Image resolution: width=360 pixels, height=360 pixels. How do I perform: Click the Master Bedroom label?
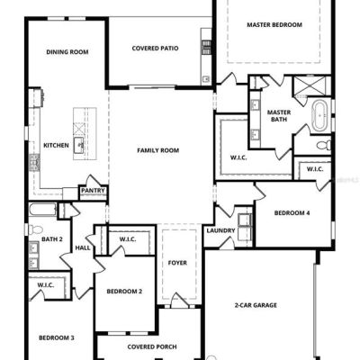tap(274, 25)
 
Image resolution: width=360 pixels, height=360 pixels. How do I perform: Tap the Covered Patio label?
tap(155, 49)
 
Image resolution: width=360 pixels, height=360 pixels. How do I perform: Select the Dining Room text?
tap(67, 52)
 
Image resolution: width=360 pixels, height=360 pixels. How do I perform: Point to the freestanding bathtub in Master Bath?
tap(320, 116)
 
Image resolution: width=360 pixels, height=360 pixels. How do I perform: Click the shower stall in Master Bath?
tap(310, 85)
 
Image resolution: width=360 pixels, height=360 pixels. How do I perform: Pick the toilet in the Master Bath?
tap(324, 145)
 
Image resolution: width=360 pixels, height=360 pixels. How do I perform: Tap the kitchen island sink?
tap(79, 146)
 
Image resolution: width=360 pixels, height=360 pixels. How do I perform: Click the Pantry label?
tap(93, 191)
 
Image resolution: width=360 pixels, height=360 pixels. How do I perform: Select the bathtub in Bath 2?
tap(42, 210)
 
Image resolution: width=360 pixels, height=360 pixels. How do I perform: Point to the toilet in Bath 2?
tap(35, 229)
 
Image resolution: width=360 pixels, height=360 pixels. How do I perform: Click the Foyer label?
tap(177, 263)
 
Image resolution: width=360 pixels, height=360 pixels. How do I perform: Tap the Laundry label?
tap(220, 230)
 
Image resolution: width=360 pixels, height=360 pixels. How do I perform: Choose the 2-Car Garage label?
tap(256, 305)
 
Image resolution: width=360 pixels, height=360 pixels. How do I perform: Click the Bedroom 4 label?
tap(292, 213)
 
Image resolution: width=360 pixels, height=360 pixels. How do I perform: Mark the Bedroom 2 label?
tap(124, 292)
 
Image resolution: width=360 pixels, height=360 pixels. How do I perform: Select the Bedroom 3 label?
tap(57, 338)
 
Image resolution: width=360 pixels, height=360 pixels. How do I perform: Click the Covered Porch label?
tap(152, 347)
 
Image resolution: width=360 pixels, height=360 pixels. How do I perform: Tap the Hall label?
tap(83, 248)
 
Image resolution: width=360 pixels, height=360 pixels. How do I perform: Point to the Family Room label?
tap(158, 150)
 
